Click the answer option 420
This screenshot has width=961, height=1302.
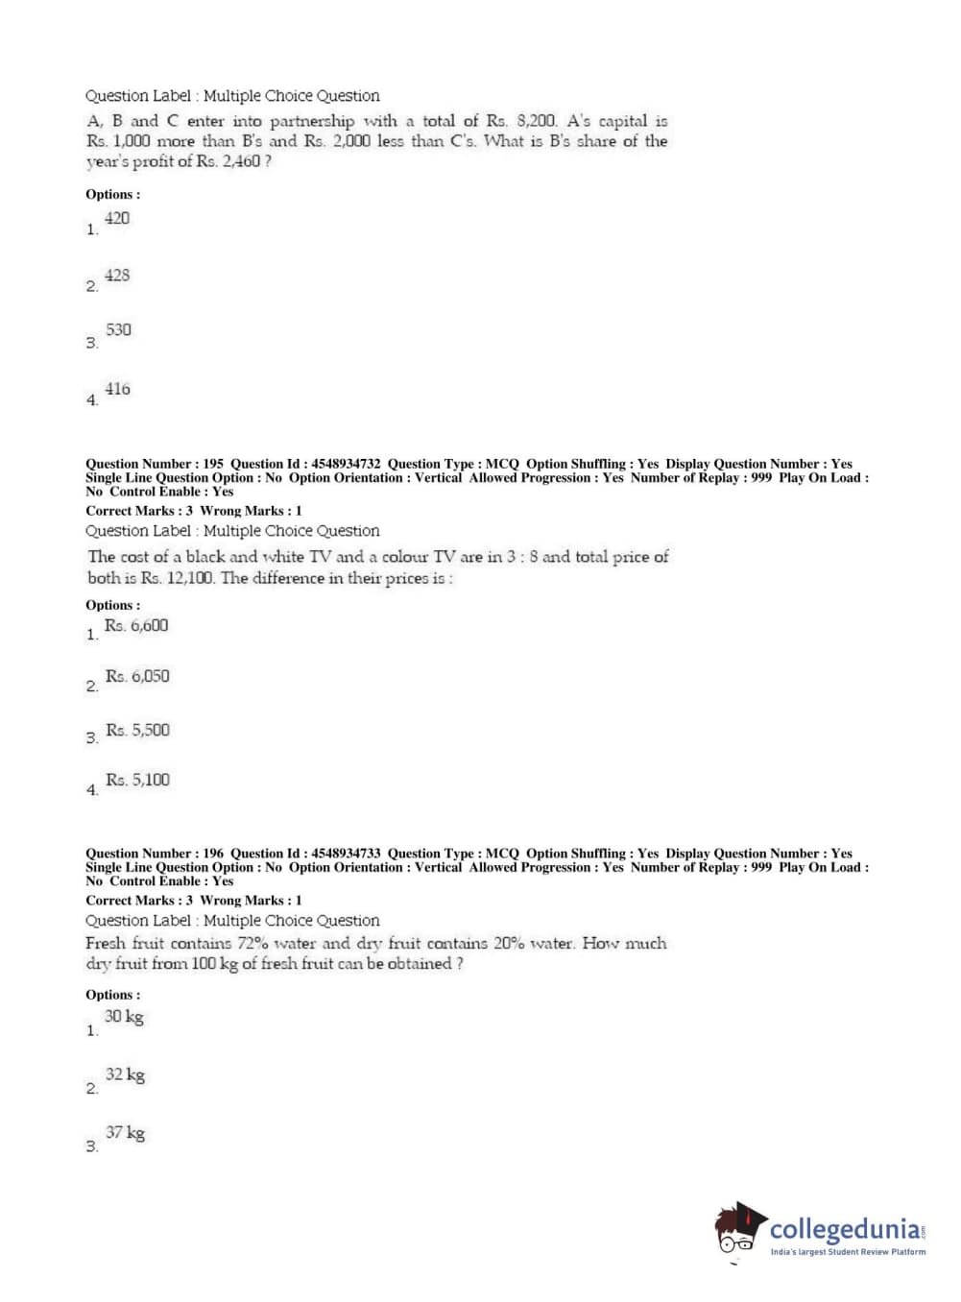pos(117,219)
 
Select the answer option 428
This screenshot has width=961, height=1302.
pos(117,276)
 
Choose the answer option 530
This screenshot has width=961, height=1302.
pos(118,330)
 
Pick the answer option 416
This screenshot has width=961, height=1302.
pos(117,389)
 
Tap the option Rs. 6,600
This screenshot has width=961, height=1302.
pos(136,626)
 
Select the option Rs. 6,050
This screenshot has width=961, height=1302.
pos(137,677)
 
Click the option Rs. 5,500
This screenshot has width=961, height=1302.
pos(137,731)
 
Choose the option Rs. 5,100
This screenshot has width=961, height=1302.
pos(137,781)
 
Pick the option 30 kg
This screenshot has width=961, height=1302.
pos(124,1017)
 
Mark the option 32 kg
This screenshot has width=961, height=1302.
pos(125,1075)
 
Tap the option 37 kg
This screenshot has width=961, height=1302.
pos(125,1133)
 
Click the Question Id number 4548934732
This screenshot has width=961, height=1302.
pos(346,464)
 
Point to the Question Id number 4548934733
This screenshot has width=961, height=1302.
pos(346,854)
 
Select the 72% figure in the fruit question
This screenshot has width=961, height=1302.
pos(252,944)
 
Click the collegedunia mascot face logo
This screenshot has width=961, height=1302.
pos(738,1229)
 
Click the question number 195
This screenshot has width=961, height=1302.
pos(213,464)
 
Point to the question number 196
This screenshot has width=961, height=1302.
pos(213,854)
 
